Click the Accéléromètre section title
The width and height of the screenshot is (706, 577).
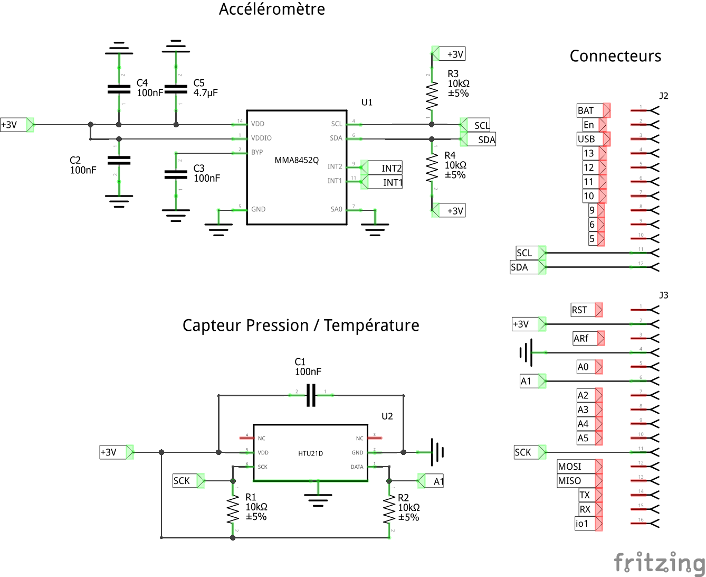click(272, 9)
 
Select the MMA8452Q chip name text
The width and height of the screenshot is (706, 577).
click(297, 160)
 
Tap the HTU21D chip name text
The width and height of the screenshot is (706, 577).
click(310, 453)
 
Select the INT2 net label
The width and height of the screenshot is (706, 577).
click(392, 168)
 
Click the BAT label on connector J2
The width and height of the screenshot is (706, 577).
click(586, 110)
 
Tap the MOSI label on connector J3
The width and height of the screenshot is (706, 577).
click(570, 467)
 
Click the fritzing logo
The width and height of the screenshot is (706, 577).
click(659, 562)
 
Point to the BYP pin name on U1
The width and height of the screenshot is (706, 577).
click(257, 152)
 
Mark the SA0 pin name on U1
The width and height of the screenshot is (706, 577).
click(336, 209)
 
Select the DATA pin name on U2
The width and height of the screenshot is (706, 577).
click(357, 467)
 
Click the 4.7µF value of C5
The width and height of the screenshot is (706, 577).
click(205, 92)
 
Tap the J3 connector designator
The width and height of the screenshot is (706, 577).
click(664, 295)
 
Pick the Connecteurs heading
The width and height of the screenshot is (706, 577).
click(615, 56)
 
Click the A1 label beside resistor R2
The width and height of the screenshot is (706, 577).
click(438, 481)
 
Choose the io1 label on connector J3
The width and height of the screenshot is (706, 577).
click(582, 524)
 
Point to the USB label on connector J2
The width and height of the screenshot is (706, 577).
click(586, 139)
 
